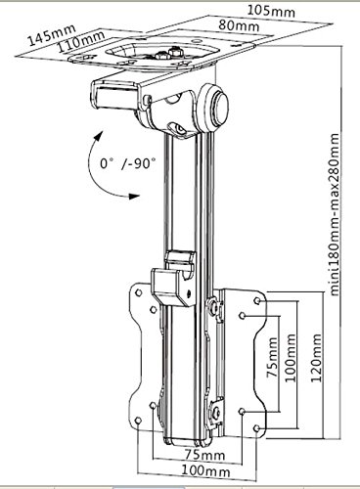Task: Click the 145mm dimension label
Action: (x=52, y=34)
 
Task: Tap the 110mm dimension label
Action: (x=81, y=41)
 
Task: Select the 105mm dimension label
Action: (x=271, y=11)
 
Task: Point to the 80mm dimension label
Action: (x=239, y=25)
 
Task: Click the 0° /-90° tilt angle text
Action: (x=127, y=163)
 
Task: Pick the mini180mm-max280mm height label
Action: (x=335, y=214)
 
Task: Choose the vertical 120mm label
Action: (x=316, y=358)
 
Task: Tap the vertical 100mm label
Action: (x=291, y=358)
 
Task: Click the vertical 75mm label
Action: (x=272, y=357)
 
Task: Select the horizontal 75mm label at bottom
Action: (x=204, y=455)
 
